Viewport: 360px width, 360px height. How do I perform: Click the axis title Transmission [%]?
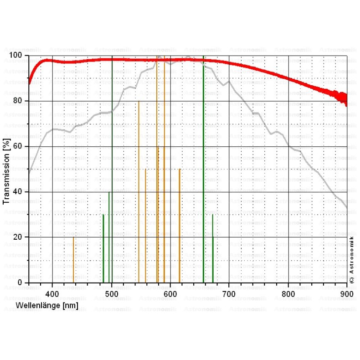(6, 169)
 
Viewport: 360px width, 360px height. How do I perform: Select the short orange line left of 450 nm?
(73, 260)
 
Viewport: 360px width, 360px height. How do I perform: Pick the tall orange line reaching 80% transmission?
(139, 191)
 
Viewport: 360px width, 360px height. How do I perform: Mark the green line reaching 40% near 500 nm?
(109, 237)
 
